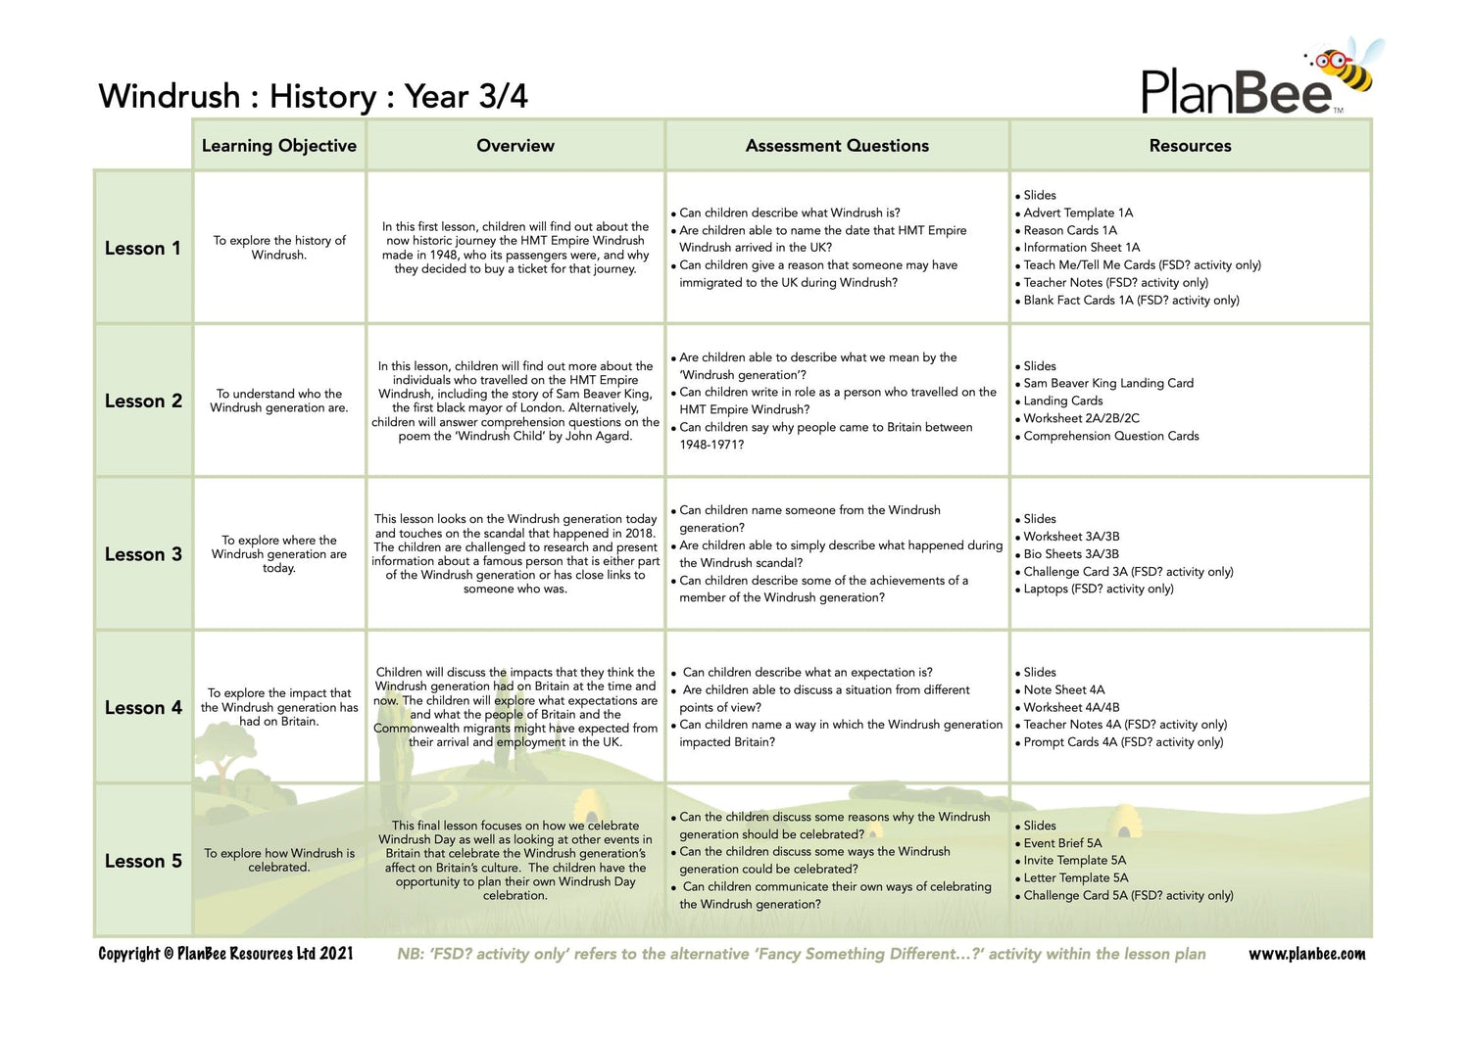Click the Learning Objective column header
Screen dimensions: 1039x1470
coord(279,146)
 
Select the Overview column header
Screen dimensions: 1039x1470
coord(515,146)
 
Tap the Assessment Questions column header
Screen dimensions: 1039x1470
coord(837,146)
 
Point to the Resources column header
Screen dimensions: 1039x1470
coord(1190,146)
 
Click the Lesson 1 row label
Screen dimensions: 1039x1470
coord(143,249)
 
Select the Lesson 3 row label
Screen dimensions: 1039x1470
coord(143,554)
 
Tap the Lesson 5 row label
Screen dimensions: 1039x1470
coord(143,861)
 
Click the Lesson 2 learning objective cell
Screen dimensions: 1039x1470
coord(279,401)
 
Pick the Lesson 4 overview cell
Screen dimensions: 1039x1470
coord(515,707)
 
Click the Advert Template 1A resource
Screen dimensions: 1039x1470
coord(1078,213)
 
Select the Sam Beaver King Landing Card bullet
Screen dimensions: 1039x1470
coord(1108,383)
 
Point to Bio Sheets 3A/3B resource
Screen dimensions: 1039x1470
coord(1071,554)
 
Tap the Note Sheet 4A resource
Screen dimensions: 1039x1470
coord(1063,689)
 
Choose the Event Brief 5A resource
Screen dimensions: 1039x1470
coord(1062,843)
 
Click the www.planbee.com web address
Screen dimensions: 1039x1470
coord(1306,954)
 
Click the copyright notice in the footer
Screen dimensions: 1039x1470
coord(225,954)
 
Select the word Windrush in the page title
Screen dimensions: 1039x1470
coord(170,96)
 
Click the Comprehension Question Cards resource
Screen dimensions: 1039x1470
coord(1111,436)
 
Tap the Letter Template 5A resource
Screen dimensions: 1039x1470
coord(1076,877)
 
